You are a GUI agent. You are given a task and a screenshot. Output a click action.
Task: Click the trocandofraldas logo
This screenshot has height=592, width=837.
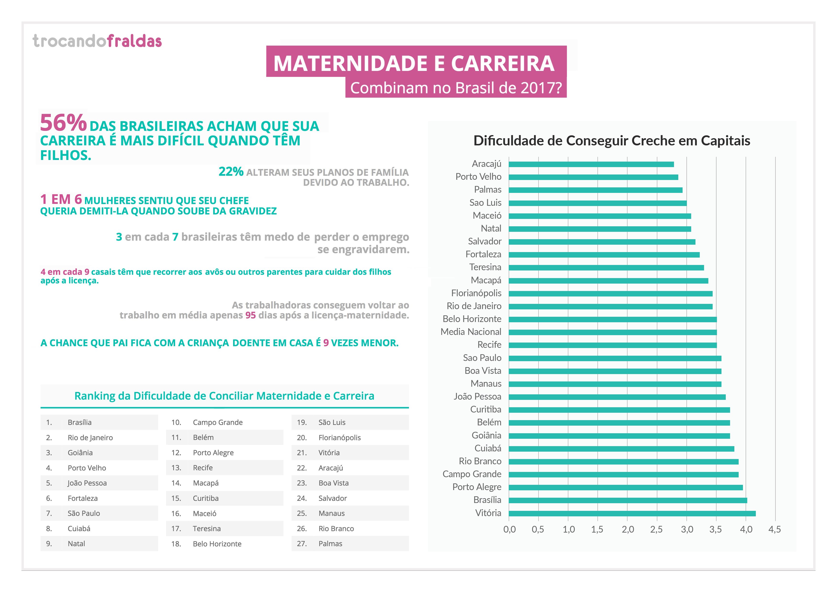(97, 41)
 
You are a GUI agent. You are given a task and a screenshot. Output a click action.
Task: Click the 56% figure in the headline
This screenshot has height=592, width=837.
(63, 123)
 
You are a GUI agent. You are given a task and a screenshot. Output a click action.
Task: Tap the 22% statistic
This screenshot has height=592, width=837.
(231, 171)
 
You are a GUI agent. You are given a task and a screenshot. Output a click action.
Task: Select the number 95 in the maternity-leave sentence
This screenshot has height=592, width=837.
(251, 315)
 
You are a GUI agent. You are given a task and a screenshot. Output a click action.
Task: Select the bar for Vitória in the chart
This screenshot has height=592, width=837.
(632, 513)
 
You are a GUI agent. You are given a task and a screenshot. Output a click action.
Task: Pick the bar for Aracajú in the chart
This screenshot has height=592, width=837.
(591, 164)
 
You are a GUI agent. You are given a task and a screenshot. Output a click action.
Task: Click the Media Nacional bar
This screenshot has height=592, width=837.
(612, 332)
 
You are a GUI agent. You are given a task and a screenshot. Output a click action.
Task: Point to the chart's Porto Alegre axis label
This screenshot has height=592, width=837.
(476, 487)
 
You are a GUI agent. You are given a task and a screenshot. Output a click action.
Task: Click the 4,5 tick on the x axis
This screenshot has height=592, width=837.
(775, 529)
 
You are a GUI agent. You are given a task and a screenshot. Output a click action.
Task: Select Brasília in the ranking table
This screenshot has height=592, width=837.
(79, 422)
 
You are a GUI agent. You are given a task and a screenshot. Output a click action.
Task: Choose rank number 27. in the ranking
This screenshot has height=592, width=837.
(302, 544)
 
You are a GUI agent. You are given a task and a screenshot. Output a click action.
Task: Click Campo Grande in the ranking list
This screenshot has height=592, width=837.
(218, 422)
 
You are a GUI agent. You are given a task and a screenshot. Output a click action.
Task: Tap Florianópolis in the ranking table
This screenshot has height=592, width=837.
(339, 438)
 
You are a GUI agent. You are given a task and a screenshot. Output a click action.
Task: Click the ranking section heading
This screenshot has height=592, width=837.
(224, 396)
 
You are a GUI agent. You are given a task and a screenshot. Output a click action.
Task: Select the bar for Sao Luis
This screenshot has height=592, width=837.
(597, 203)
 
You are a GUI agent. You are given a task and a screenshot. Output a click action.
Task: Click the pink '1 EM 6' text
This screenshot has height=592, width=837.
(61, 200)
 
